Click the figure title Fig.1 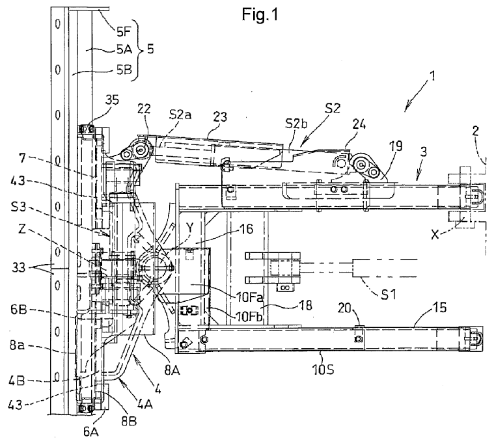point(260,14)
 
